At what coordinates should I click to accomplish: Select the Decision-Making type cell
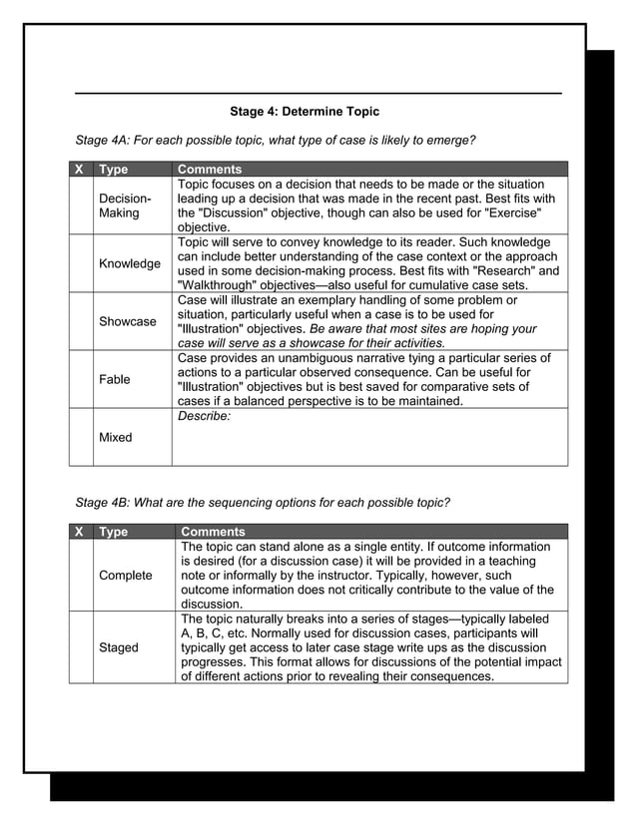[125, 206]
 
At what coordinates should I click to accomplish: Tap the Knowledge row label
[129, 263]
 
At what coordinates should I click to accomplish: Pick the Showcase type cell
[127, 321]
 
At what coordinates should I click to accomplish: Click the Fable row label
[114, 379]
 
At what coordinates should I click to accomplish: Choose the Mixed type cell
[116, 437]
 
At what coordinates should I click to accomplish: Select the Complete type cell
[125, 576]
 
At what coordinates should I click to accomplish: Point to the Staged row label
[119, 647]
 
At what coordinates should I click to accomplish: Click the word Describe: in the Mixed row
[204, 416]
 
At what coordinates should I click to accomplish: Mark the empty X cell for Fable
[81, 379]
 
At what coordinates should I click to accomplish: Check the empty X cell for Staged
[81, 647]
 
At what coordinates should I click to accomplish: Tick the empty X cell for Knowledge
[81, 263]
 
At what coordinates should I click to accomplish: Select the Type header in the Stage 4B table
[113, 532]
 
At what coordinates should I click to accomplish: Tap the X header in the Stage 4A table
[80, 170]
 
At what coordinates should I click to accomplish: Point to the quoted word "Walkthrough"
[220, 285]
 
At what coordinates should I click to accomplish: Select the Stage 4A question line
[275, 140]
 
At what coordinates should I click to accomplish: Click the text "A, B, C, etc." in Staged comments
[222, 633]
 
